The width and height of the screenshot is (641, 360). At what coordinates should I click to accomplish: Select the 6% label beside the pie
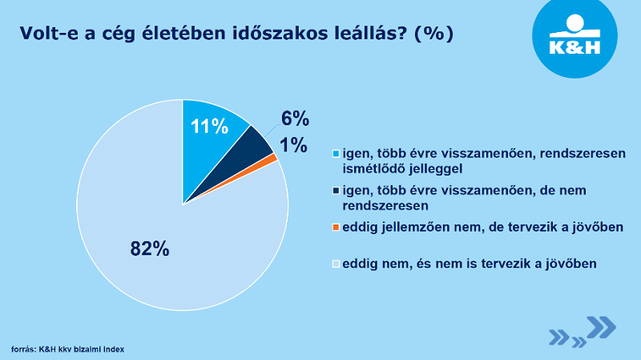(295, 119)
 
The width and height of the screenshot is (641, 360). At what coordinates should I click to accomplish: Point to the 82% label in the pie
(149, 249)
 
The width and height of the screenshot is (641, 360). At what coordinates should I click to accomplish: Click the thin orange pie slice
(272, 159)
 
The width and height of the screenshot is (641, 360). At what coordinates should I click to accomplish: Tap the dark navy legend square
(336, 191)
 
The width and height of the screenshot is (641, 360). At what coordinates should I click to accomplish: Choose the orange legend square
(336, 228)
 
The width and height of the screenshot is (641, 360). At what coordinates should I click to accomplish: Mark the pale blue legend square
(336, 263)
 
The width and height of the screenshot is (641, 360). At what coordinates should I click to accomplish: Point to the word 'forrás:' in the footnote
(23, 350)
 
